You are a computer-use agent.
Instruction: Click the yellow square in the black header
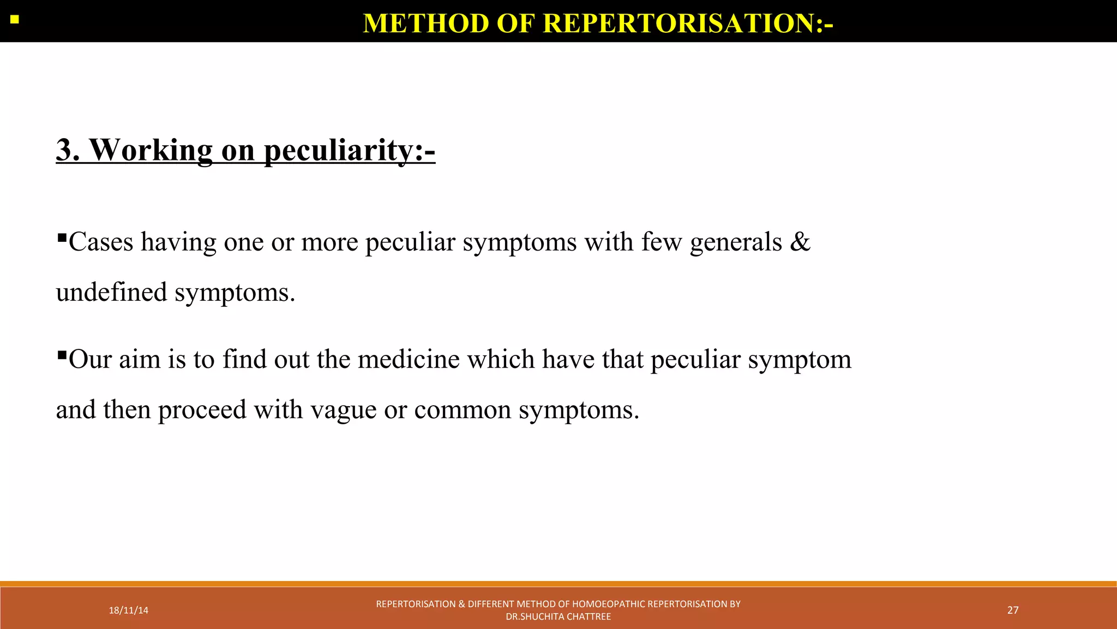coord(15,20)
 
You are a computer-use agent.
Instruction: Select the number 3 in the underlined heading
coord(68,150)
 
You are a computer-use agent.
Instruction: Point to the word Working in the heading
coord(151,150)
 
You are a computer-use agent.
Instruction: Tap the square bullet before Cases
coord(62,238)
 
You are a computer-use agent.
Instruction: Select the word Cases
coord(101,242)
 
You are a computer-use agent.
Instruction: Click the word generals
coord(736,242)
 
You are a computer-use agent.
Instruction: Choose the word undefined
coord(111,292)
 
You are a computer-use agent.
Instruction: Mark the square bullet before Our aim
coord(62,355)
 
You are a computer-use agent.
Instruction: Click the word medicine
coord(409,359)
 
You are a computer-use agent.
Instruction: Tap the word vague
coord(343,410)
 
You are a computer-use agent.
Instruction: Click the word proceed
coord(202,410)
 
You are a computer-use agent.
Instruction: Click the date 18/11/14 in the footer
coord(128,610)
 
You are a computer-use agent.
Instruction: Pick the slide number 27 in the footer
coord(1013,610)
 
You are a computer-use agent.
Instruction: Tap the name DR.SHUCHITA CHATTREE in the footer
coord(558,617)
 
